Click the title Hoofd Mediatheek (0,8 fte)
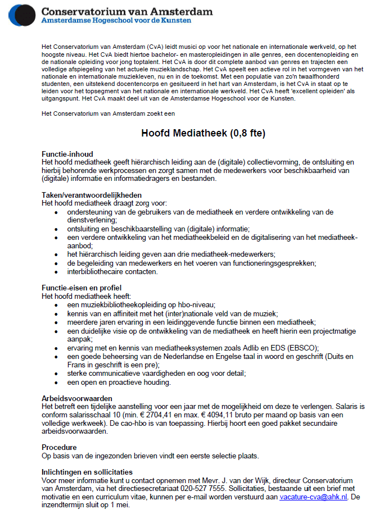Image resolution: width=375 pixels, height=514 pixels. (202, 134)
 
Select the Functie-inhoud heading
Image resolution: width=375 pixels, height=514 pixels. (67, 154)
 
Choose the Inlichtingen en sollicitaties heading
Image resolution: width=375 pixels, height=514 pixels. (87, 472)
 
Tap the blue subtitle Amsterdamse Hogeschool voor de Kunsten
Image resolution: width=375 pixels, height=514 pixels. (116, 21)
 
